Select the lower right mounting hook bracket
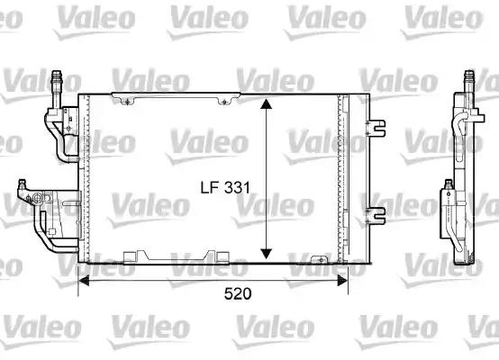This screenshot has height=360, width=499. coord(377,214)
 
